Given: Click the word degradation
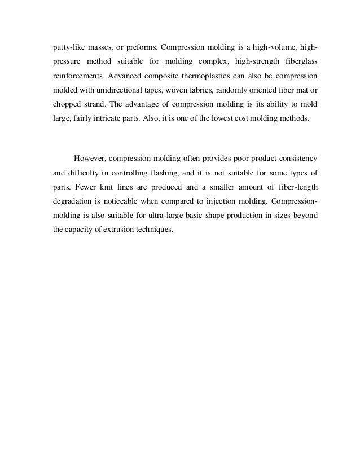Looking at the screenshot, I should click(x=68, y=201).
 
